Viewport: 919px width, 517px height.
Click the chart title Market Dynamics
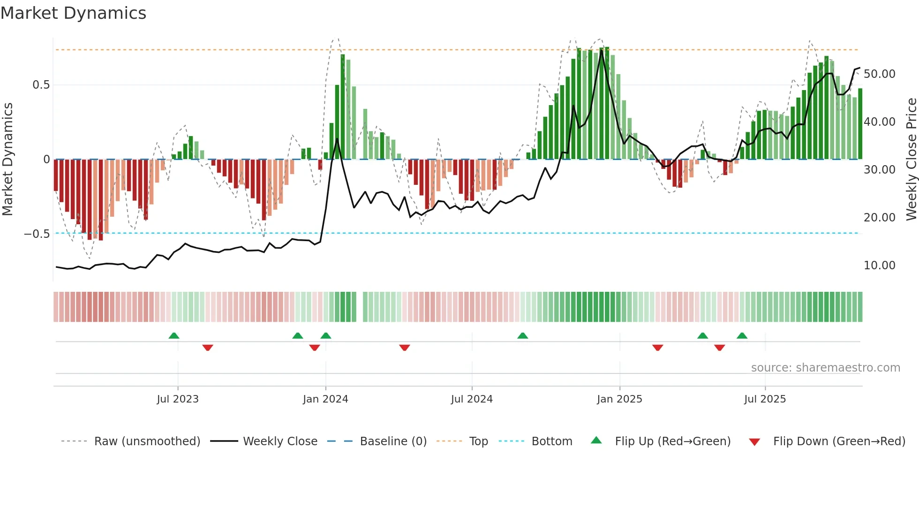73,13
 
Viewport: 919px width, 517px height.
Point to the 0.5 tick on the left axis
41,85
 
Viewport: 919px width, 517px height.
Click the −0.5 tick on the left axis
37,234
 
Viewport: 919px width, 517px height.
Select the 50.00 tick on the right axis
879,74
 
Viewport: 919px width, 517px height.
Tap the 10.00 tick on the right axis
879,266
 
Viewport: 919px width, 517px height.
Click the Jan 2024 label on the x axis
325,399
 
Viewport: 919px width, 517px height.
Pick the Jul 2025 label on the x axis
765,399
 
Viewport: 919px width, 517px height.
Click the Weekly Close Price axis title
911,159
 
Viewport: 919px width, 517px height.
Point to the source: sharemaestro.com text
825,368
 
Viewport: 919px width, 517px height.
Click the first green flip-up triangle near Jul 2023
174,335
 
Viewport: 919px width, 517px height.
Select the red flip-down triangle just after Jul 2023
208,348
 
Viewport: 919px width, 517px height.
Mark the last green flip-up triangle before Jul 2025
742,335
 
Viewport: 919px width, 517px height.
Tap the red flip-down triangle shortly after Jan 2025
658,348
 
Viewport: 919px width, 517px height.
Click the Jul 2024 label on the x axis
472,399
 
